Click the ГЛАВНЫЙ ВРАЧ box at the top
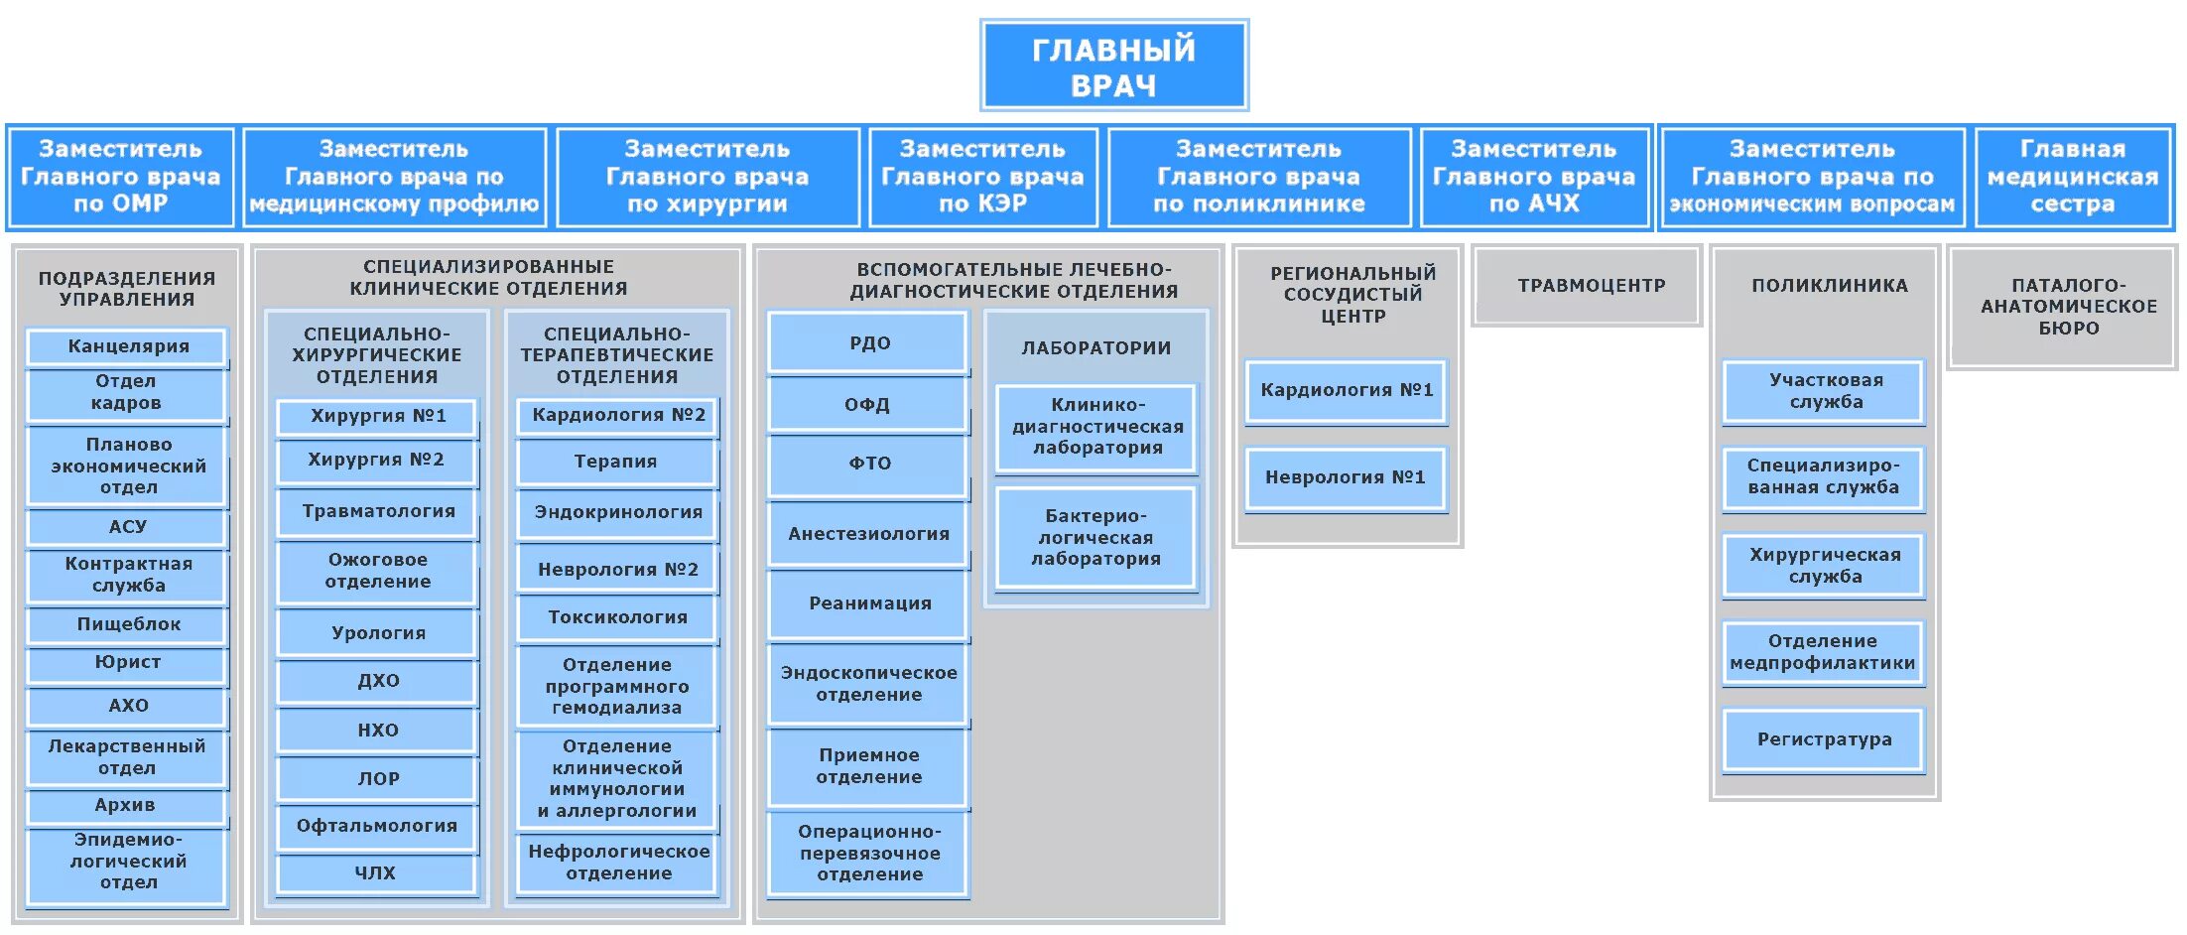pyautogui.click(x=1113, y=66)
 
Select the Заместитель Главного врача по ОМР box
pyautogui.click(x=121, y=177)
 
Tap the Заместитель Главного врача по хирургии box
pyautogui.click(x=708, y=177)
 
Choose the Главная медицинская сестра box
pyautogui.click(x=2073, y=177)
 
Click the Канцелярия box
pyautogui.click(x=128, y=346)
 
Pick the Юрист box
pyautogui.click(x=128, y=663)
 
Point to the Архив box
pyautogui.click(x=126, y=805)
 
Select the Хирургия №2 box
pyautogui.click(x=376, y=461)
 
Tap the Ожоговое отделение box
pyautogui.click(x=377, y=572)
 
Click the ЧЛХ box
pyautogui.click(x=376, y=873)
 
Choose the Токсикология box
pyautogui.click(x=617, y=617)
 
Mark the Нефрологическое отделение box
pyautogui.click(x=618, y=863)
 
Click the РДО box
pyautogui.click(x=869, y=343)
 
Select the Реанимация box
pyautogui.click(x=869, y=603)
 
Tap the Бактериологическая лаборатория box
pyautogui.click(x=1095, y=538)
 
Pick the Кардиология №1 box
pyautogui.click(x=1347, y=391)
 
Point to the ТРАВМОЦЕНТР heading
pyautogui.click(x=1591, y=286)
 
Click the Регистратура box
pyautogui.click(x=1824, y=739)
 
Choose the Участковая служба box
pyautogui.click(x=1826, y=391)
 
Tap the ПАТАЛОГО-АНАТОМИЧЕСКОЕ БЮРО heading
pyautogui.click(x=2069, y=307)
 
